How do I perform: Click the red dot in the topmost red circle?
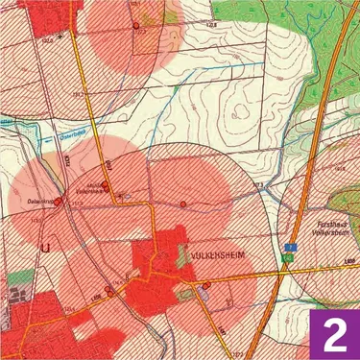tap(135, 25)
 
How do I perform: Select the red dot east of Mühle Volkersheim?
tap(182, 204)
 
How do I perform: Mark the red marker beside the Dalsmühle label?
tap(58, 202)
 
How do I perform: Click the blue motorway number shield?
tap(288, 249)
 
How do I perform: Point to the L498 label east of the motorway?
tap(349, 261)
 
